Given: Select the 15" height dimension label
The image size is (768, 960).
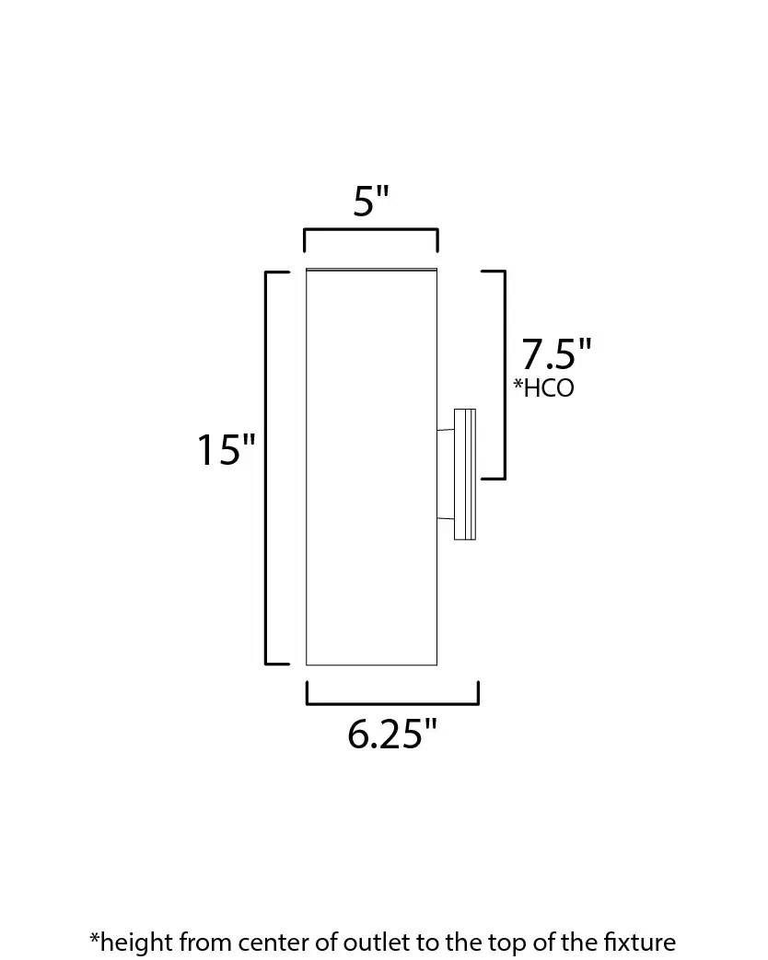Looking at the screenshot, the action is [x=226, y=450].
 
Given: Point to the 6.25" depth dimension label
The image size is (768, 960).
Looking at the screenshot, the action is [x=392, y=734].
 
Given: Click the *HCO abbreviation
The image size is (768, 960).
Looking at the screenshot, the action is [x=544, y=388].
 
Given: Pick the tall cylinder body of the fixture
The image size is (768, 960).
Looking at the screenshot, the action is [x=372, y=468].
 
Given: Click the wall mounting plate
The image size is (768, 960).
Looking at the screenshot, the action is [x=465, y=475].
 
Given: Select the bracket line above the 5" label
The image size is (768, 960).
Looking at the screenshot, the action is [x=371, y=230].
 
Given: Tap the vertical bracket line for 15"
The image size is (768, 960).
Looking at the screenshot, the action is [x=266, y=468].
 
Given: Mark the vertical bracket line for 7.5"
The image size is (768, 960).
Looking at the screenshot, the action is [x=504, y=374].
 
